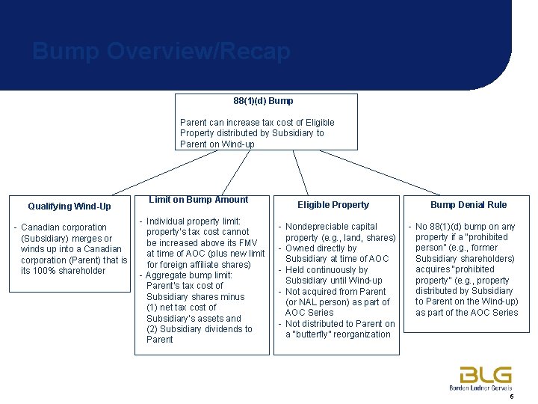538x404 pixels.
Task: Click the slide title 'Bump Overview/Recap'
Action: pos(161,52)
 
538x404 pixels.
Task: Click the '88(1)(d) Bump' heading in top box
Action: pos(263,100)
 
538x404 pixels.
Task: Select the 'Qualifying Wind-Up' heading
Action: pos(69,206)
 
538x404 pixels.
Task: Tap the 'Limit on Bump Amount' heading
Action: pos(198,200)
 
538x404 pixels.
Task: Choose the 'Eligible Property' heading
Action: pos(333,205)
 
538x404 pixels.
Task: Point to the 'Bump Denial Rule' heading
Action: pos(468,205)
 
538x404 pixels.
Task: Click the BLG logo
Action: pos(485,374)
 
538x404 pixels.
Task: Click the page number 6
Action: pos(511,397)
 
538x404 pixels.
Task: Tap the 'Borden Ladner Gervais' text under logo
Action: pos(480,388)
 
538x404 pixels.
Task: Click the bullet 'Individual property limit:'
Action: pos(193,221)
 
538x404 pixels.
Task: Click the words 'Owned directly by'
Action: pos(321,248)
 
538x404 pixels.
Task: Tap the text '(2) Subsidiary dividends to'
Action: pos(199,329)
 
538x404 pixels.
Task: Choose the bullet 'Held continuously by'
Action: pos(326,270)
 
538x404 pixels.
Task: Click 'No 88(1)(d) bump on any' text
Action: pos(466,227)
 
